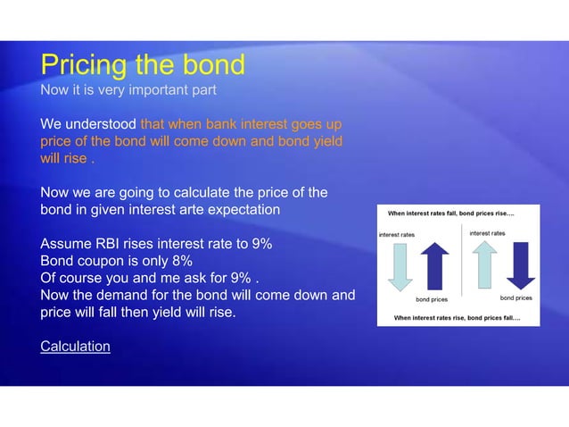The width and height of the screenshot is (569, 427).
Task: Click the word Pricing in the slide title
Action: (84, 65)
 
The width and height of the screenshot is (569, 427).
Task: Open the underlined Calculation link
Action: (75, 346)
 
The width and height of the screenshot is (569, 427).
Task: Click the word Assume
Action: (65, 244)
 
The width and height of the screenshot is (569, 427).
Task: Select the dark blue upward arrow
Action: (435, 265)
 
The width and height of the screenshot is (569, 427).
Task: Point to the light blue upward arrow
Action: (484, 265)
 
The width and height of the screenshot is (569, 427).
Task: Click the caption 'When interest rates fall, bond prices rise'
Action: (450, 213)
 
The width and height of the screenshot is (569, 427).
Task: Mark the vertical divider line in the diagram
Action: (460, 264)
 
